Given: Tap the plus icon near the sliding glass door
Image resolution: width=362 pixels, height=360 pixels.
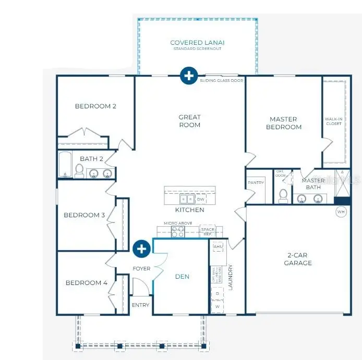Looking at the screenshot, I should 188,76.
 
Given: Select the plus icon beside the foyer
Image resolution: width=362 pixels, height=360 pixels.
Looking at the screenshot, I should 141,249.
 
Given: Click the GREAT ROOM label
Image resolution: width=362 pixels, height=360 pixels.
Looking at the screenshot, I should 189,121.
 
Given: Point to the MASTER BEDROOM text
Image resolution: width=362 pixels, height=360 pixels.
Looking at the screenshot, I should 284,123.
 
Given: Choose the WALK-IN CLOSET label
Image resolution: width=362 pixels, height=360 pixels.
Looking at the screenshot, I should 333,121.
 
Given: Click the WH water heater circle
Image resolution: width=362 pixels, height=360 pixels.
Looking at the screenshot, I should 342,212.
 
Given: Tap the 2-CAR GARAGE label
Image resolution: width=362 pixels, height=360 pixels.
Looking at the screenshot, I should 298,259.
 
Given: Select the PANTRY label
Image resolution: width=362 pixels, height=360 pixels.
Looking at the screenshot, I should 256,183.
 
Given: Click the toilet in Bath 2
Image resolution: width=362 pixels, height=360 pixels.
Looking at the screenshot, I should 79,170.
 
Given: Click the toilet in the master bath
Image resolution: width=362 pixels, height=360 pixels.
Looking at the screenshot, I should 283,195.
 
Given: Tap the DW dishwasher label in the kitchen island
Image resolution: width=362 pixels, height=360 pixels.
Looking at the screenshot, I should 200,199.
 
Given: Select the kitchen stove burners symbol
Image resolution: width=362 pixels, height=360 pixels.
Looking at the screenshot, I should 178,232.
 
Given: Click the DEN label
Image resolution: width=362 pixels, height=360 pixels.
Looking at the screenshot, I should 182,277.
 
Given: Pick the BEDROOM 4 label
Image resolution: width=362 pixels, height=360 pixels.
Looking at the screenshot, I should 86,283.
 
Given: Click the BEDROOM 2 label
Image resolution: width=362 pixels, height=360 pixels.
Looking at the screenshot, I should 95,106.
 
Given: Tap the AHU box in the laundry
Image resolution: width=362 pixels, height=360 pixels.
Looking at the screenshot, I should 219,247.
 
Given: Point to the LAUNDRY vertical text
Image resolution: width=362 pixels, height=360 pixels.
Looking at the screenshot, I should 230,278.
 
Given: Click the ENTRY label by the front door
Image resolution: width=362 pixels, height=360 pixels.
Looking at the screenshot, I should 140,305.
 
